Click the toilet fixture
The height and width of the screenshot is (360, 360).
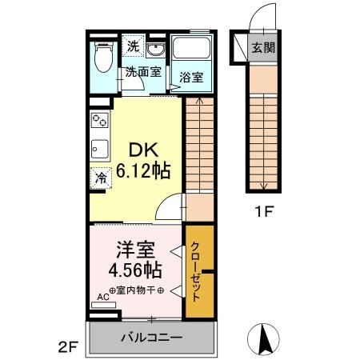[103, 57]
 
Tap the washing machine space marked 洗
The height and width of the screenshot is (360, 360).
[133, 46]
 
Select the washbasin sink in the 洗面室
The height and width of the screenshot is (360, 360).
[156, 50]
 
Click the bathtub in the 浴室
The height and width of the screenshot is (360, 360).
[191, 47]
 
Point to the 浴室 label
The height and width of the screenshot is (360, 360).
[191, 78]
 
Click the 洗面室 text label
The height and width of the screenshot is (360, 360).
[143, 71]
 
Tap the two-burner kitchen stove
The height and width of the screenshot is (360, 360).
[99, 120]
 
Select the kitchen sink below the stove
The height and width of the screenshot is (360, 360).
[100, 149]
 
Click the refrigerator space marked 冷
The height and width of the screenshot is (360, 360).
[101, 178]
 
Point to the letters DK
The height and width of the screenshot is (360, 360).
[144, 150]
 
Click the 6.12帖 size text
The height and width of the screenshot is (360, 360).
[143, 170]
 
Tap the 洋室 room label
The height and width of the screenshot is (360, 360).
[135, 250]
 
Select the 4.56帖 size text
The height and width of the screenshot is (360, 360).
[135, 270]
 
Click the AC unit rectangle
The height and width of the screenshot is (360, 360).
[103, 305]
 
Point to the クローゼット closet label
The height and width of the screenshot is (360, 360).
[195, 271]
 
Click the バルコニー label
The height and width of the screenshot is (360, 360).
[152, 338]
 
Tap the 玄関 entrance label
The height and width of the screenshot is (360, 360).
[263, 48]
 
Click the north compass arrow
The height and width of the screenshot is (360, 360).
[264, 338]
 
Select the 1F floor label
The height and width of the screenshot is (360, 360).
[264, 212]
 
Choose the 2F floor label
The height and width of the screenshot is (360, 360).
[68, 347]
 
